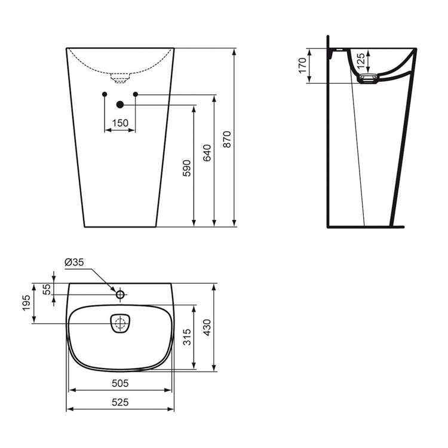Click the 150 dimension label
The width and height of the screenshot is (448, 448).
(x=120, y=123)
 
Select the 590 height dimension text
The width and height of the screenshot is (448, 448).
(x=186, y=169)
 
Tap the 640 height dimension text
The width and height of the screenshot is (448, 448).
(x=206, y=154)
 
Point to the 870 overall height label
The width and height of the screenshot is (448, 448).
(x=226, y=139)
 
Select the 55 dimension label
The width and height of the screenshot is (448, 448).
(x=47, y=288)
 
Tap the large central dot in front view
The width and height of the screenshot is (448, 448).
(x=120, y=105)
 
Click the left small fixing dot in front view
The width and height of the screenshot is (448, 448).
(x=105, y=94)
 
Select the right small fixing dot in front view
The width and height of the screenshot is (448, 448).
(x=136, y=94)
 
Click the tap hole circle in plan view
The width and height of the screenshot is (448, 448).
(x=120, y=294)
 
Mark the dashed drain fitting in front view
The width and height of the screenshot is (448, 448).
(x=120, y=76)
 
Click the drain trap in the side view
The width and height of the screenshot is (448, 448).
(x=367, y=78)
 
